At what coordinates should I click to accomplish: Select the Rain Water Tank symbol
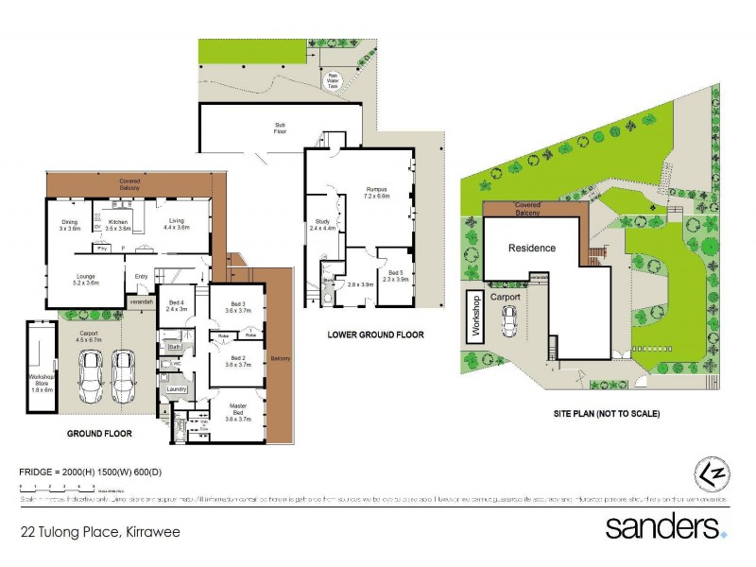click(x=333, y=82)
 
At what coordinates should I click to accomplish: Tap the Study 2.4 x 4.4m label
click(x=322, y=224)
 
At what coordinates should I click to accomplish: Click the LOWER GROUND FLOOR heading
click(x=375, y=335)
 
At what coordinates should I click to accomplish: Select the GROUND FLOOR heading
click(x=99, y=434)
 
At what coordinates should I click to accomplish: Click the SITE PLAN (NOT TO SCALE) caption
click(x=607, y=414)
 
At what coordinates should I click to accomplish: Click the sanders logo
click(x=666, y=526)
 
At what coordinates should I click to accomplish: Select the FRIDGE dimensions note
click(x=84, y=470)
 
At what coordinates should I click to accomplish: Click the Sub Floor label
click(x=281, y=128)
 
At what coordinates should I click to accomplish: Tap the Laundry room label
click(x=175, y=388)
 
